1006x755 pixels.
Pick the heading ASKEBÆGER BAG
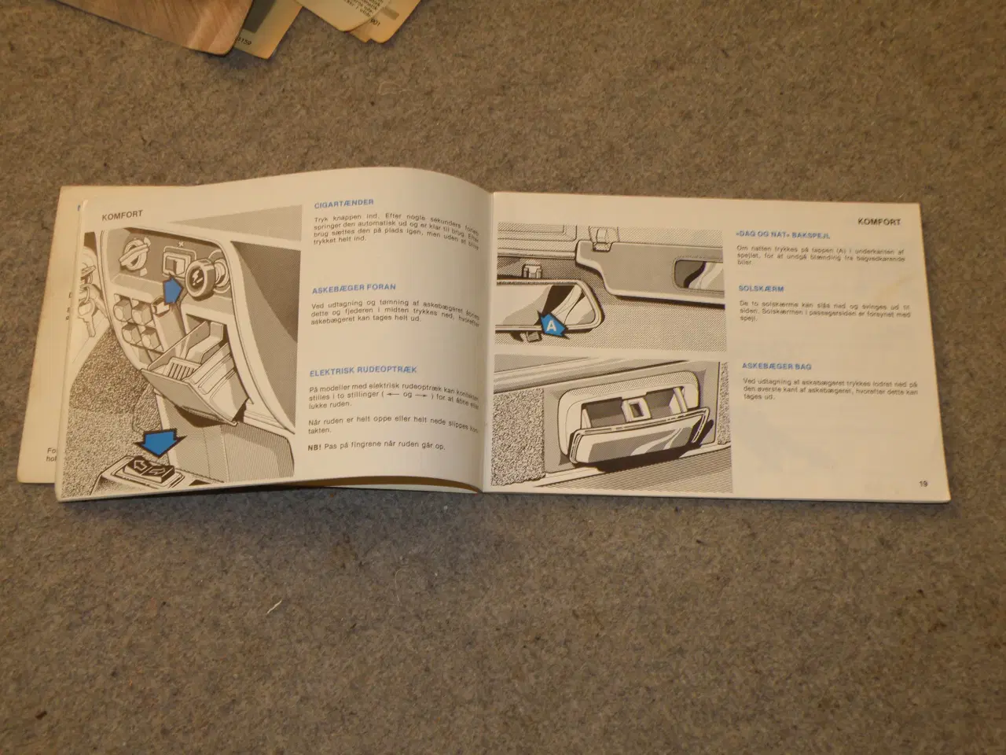[x=777, y=366]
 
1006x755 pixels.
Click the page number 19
[x=923, y=484]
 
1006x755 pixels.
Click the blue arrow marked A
[x=553, y=323]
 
